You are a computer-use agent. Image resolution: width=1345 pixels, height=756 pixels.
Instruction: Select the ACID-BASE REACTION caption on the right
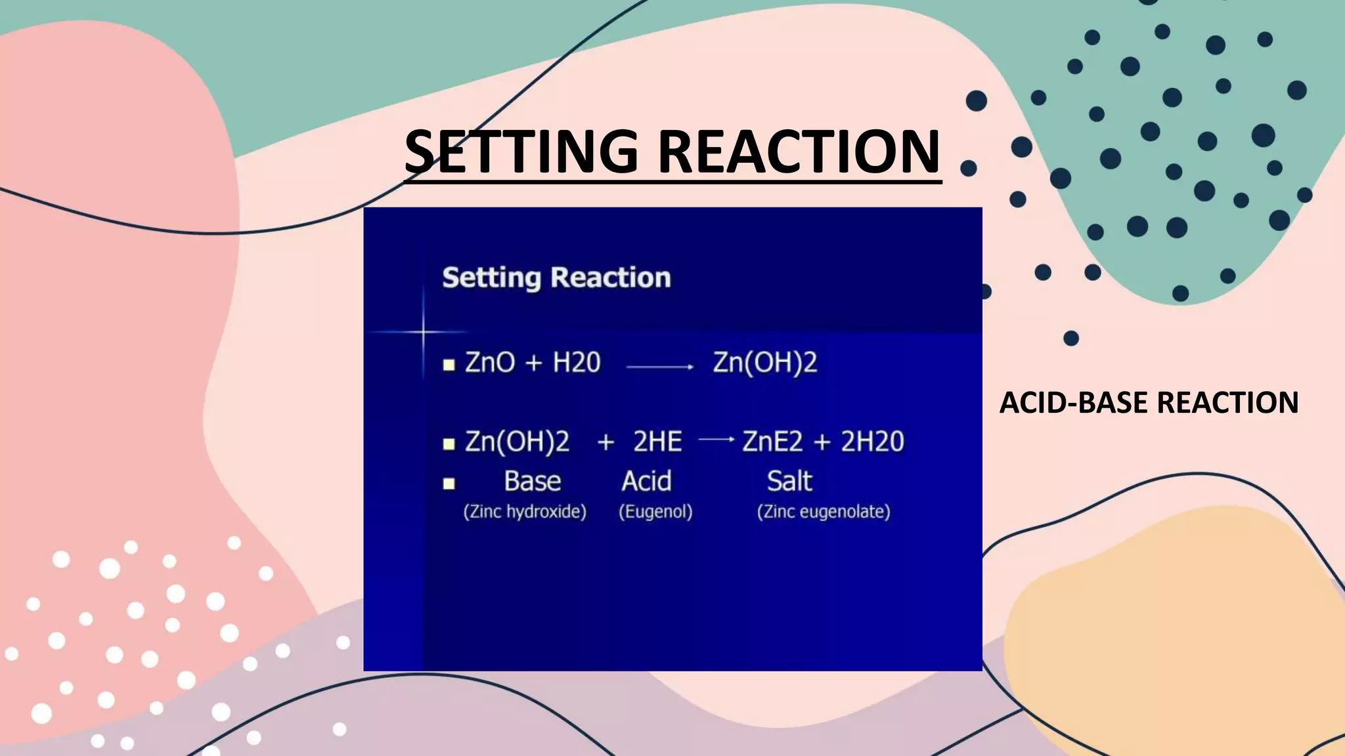pos(1149,402)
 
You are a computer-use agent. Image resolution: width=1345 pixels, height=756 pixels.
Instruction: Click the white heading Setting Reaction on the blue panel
pos(556,278)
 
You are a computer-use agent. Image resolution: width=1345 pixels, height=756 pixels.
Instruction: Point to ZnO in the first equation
pos(490,362)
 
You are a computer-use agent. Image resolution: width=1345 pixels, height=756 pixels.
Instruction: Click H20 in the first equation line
pos(577,362)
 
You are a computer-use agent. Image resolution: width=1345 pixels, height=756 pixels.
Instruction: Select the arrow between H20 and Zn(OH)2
pos(660,367)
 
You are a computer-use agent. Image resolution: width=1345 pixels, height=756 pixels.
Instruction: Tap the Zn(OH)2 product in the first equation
pos(765,362)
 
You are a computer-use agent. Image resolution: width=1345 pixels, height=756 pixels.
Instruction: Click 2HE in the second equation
pos(657,442)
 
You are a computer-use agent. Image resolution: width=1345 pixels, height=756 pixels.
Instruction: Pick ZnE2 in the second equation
pos(772,442)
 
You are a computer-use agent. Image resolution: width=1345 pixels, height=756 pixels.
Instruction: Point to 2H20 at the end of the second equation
pos(872,442)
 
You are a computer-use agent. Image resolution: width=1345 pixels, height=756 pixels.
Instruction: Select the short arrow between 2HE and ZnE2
pos(716,439)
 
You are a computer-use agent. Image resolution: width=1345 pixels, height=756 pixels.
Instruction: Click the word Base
pos(533,482)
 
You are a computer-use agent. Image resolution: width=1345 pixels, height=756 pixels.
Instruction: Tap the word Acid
pos(646,482)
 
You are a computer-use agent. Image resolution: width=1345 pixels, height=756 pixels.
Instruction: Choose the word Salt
pos(789,482)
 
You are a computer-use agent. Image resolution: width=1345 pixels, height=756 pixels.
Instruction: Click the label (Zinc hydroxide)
pos(525,512)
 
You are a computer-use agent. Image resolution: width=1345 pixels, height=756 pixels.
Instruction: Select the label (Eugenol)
pos(655,512)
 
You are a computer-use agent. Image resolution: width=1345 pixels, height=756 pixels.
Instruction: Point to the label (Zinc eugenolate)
pos(824,512)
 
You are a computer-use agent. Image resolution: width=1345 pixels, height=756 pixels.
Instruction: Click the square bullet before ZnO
pos(449,366)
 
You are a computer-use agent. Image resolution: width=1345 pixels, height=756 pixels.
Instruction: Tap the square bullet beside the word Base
pos(449,484)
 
